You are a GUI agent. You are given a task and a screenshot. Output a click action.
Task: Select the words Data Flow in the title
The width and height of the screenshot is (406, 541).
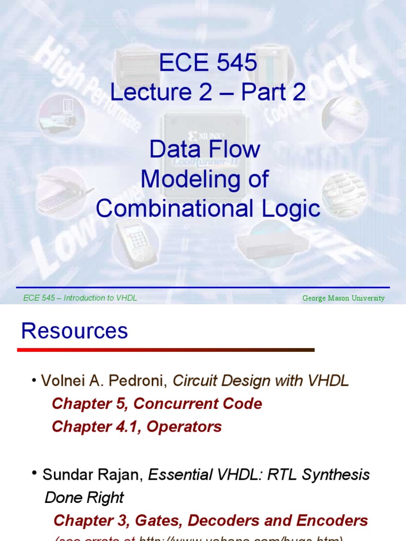205,150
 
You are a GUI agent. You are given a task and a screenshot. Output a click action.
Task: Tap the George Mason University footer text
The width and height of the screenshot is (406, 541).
343,299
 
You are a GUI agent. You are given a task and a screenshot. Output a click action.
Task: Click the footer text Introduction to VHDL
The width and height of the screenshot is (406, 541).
100,299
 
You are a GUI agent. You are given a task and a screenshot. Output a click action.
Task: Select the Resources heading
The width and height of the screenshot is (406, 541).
75,331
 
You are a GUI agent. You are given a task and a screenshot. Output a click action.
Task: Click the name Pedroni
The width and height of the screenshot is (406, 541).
144,381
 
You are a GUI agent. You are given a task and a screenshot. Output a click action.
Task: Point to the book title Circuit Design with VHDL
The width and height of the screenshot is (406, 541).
261,381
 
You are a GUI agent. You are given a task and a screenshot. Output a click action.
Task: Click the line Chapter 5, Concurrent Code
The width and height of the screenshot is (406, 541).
157,404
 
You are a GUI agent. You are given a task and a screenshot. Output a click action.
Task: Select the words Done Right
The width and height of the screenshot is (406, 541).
84,498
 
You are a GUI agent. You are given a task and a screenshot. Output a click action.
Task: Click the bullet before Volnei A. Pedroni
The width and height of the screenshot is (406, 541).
34,380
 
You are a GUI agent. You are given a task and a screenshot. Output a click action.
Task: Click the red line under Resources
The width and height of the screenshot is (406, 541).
165,350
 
